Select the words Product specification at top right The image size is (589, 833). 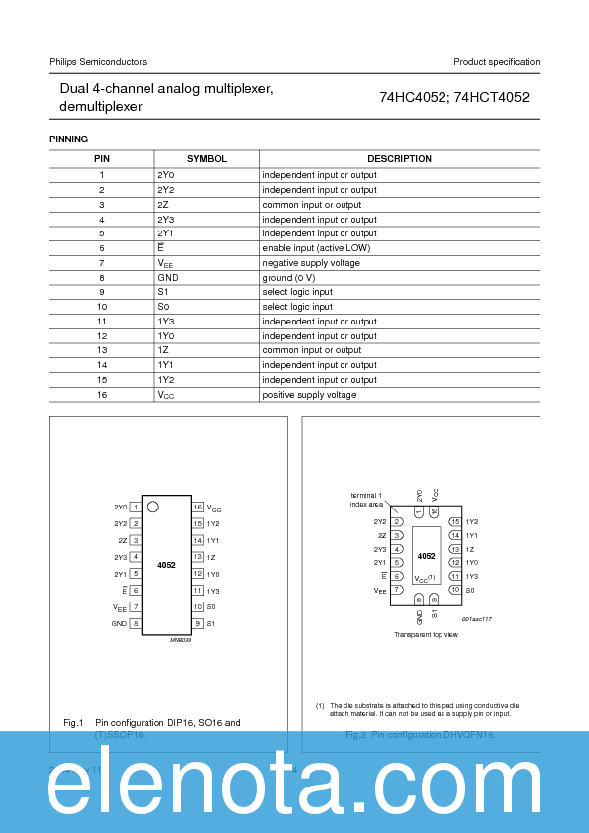click(496, 62)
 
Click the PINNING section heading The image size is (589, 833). click(69, 139)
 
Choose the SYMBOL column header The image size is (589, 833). click(207, 159)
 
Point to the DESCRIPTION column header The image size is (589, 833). click(399, 159)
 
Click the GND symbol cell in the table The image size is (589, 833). click(168, 278)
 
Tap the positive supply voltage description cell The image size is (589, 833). click(309, 395)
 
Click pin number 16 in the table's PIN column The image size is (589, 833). click(102, 395)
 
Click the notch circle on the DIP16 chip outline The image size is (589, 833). click(153, 507)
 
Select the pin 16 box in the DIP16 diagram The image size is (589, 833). click(198, 507)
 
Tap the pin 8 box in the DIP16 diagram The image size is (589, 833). click(135, 624)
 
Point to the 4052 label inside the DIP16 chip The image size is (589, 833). click(166, 565)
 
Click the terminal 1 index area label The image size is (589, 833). click(367, 499)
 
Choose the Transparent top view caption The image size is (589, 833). click(426, 634)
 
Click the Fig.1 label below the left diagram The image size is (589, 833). click(73, 723)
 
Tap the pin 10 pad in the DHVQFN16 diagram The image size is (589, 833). click(454, 590)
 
